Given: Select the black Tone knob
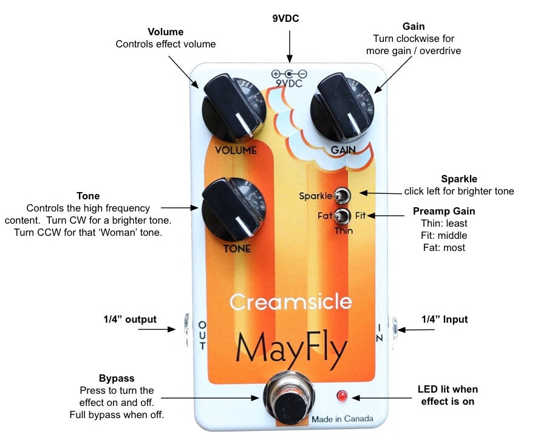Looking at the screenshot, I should [231, 209].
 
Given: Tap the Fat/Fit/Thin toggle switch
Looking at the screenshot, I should [344, 216].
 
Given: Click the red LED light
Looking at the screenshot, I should [342, 396].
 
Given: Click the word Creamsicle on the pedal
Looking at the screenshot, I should [291, 301].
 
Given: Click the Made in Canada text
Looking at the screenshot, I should [342, 419].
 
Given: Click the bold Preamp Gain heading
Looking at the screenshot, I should [443, 211].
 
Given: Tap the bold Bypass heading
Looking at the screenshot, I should [117, 378].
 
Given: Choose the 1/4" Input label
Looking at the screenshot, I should [445, 319].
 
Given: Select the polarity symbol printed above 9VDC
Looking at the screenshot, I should [289, 74].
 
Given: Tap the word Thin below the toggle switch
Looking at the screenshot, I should [344, 231].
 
